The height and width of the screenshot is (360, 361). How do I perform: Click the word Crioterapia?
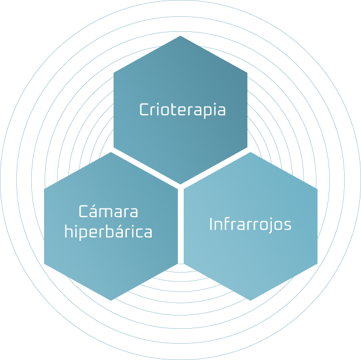coord(183,109)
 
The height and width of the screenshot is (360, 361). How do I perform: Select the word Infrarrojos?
coord(250,224)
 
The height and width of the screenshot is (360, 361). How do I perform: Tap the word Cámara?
coord(108,211)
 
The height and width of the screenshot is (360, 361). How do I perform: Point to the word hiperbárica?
coord(108,232)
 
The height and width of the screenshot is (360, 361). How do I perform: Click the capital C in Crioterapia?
coord(144,109)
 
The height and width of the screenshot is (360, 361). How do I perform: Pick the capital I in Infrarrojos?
coord(211,223)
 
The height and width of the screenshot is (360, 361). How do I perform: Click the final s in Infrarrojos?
coord(287,225)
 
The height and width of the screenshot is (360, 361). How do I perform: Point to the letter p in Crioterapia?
coord(206,111)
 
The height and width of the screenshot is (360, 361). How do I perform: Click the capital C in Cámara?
coord(82,211)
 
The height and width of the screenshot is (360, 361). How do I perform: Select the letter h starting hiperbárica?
coord(68,232)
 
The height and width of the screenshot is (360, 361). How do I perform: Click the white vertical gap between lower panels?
coord(180,243)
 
